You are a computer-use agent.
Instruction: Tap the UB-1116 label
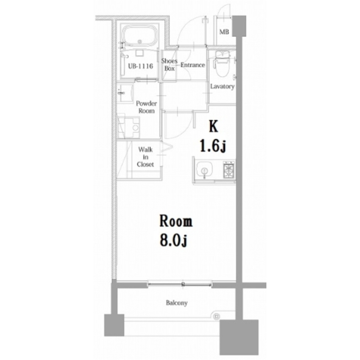point(140,66)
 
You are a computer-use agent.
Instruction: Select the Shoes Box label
point(169,64)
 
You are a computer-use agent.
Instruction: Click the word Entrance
point(193,65)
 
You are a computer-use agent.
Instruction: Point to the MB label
point(224,32)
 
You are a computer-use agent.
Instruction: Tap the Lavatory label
point(222,86)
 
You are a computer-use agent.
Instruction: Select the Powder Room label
point(147,107)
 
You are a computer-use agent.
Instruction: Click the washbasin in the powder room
point(125,93)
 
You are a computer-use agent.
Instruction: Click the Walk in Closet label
point(145,157)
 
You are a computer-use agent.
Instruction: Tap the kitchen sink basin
point(204,170)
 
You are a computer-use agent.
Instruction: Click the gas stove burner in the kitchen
point(229,170)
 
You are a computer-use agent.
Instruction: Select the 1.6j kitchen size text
point(213,146)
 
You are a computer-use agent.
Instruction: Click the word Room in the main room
point(176,221)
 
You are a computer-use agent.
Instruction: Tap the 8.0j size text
point(174,240)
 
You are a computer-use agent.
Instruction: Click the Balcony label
point(176,303)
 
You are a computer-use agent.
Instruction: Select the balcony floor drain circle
point(216,316)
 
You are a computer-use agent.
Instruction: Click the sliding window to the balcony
point(180,284)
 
